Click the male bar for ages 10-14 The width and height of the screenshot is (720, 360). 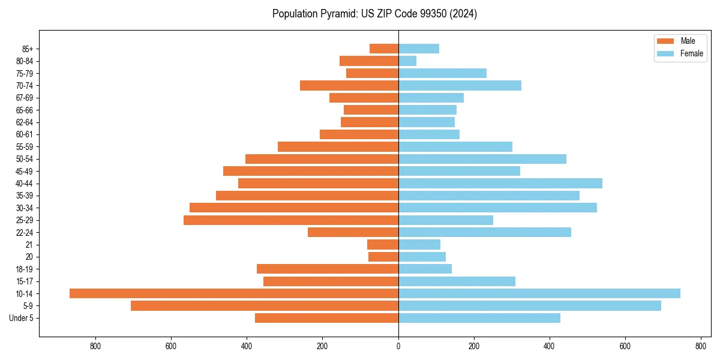234,293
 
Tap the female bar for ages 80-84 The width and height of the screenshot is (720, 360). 407,61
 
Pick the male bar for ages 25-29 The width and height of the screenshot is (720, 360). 291,220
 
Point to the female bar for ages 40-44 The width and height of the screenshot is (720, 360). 500,184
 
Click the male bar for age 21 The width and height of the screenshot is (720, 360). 383,245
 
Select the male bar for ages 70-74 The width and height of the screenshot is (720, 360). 349,85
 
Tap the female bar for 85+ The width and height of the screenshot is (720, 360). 419,49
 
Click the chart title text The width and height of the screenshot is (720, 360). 374,14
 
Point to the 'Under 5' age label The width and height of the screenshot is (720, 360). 22,318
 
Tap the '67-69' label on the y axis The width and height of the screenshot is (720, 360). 25,98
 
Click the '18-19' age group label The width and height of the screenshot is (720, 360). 25,269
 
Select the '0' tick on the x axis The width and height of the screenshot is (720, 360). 398,346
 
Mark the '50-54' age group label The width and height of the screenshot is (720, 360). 25,159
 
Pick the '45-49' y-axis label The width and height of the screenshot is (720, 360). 25,172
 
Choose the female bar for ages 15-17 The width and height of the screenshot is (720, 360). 457,281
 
